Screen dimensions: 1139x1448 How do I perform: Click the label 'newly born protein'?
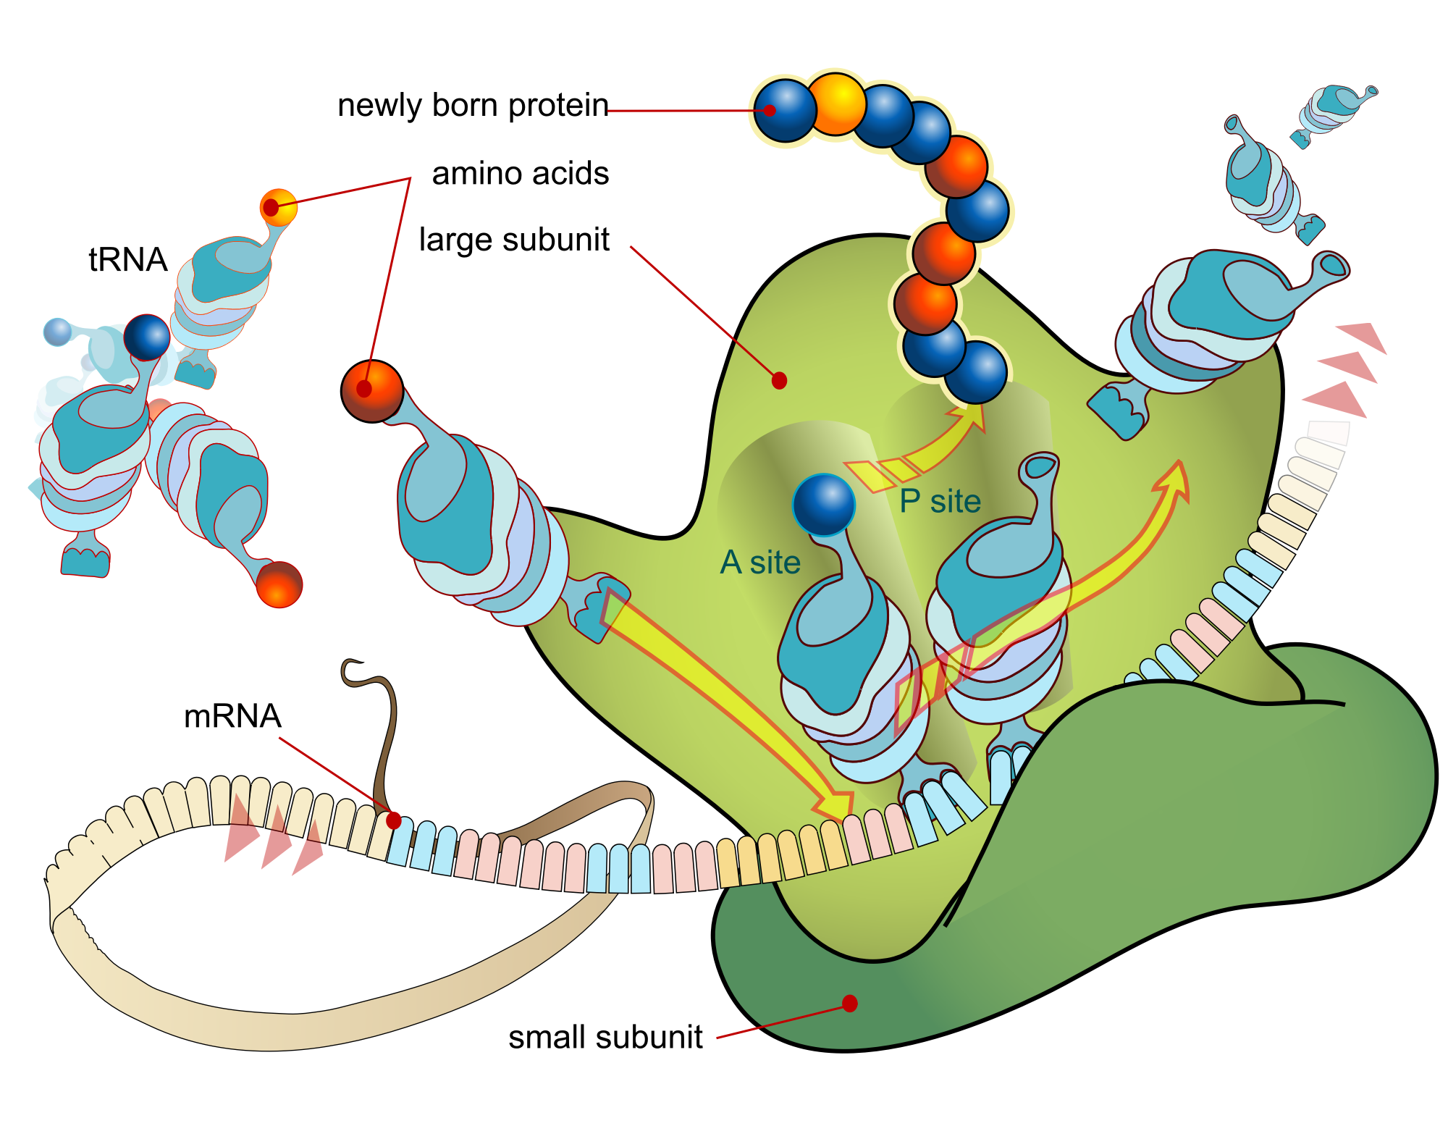coord(473,106)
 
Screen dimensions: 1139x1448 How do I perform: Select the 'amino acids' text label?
coord(520,174)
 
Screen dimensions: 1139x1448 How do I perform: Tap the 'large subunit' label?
coord(514,240)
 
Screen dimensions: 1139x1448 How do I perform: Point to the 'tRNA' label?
coord(128,259)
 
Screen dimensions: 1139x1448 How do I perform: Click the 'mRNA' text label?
coord(232,716)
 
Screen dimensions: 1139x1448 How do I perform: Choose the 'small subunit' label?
coord(605,1037)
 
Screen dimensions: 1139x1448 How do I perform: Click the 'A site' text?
coord(760,563)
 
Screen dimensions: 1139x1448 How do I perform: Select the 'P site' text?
coord(940,501)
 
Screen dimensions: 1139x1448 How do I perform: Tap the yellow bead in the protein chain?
coord(836,104)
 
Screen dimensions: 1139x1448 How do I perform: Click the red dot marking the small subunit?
coord(850,1003)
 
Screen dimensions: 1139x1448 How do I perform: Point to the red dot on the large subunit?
coord(779,380)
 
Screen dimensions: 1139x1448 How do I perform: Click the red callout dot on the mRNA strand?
coord(394,820)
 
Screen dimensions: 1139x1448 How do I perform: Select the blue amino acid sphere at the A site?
coord(824,505)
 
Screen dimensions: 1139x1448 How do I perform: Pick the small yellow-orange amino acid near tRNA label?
coord(279,207)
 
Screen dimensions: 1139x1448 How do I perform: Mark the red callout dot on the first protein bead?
coord(770,111)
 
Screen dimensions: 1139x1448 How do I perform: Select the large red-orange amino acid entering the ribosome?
coord(371,391)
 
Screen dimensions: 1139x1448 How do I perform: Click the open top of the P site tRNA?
coord(1040,467)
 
